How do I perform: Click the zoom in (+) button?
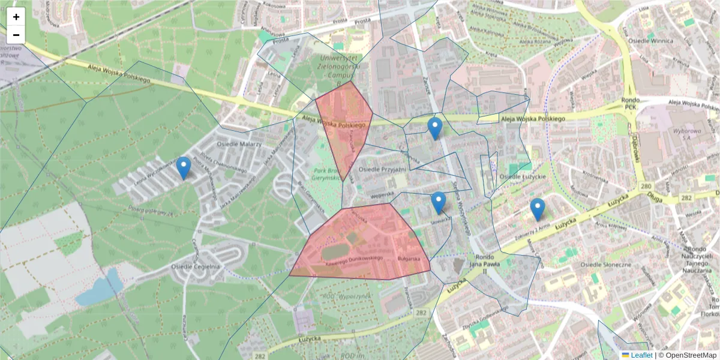pyautogui.click(x=16, y=17)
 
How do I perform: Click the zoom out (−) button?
pyautogui.click(x=16, y=35)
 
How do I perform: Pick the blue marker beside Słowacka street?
pyautogui.click(x=439, y=203)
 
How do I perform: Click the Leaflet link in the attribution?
pyautogui.click(x=641, y=355)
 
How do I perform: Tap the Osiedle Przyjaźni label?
pyautogui.click(x=382, y=170)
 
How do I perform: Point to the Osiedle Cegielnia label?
pyautogui.click(x=195, y=266)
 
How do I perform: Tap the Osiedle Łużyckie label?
pyautogui.click(x=522, y=177)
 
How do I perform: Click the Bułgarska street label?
pyautogui.click(x=409, y=259)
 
